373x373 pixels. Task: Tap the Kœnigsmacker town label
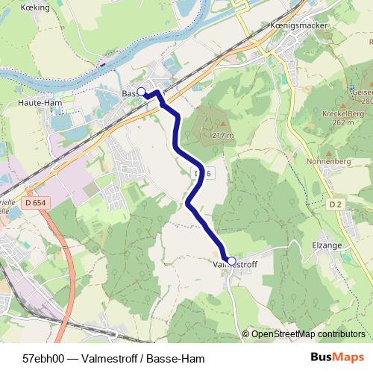click(287, 25)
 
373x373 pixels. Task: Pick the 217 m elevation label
click(222, 135)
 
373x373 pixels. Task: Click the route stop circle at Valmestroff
click(231, 260)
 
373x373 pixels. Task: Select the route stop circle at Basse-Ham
click(141, 92)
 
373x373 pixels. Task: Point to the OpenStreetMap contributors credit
click(308, 333)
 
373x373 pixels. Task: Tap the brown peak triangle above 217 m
click(222, 124)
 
